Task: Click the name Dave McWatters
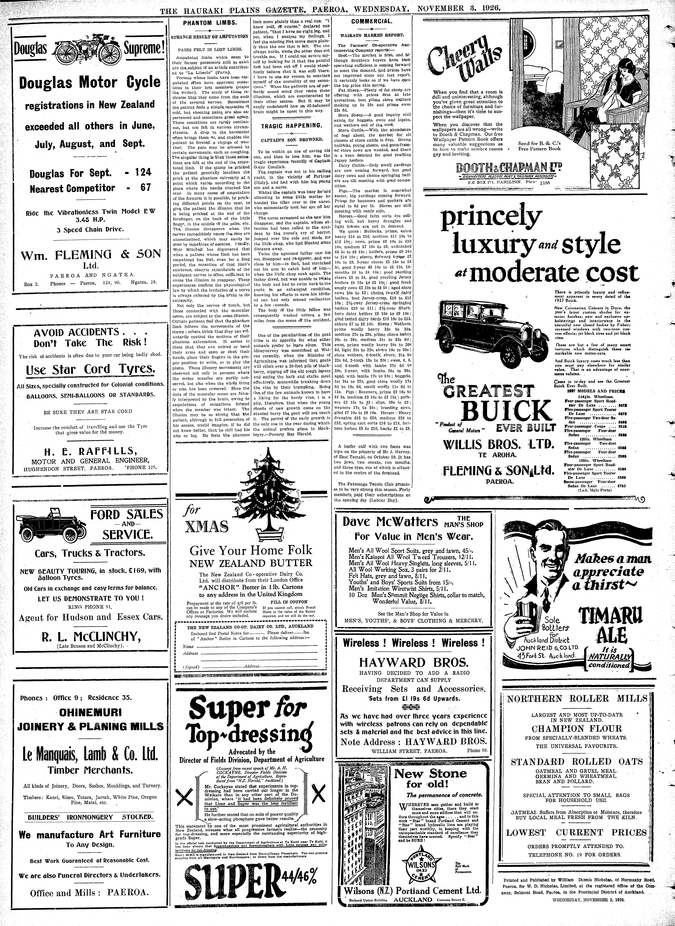point(390,522)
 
